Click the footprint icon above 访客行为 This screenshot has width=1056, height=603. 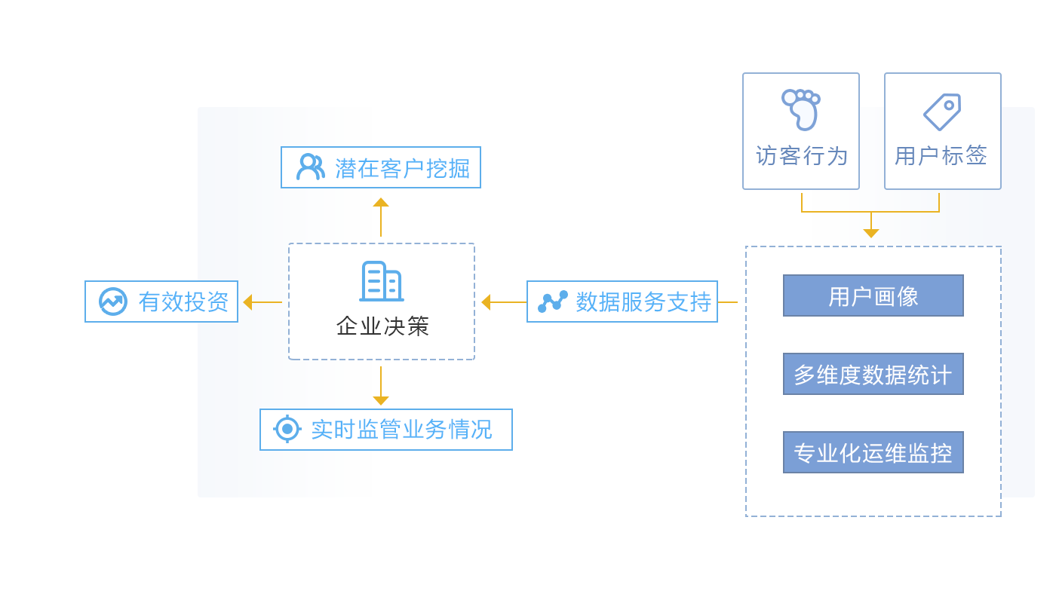(800, 110)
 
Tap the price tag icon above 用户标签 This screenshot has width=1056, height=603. (942, 112)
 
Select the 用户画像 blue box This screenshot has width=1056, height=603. (873, 295)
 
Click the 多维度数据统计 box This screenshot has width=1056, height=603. (873, 374)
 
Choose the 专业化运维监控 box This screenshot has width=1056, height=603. (873, 452)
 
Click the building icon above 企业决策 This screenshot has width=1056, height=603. (381, 281)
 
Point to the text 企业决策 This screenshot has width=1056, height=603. (382, 326)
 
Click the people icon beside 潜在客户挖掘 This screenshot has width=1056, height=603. (309, 167)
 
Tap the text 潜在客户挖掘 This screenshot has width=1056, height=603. (402, 168)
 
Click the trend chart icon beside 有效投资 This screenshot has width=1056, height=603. (113, 301)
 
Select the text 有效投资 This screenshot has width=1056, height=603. (183, 301)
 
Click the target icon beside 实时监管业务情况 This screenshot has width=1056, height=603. (287, 429)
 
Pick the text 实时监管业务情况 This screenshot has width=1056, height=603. (401, 430)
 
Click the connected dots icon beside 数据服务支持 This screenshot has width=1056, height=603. (552, 301)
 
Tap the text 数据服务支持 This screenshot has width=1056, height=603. (643, 301)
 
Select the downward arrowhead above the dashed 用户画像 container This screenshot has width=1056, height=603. (871, 234)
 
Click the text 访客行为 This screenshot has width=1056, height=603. (801, 156)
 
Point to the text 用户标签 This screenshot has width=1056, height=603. (941, 156)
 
